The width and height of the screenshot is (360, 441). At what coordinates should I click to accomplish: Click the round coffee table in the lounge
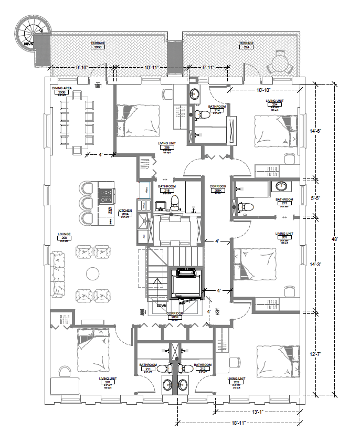[93, 274]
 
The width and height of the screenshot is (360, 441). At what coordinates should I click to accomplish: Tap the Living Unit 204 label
[274, 103]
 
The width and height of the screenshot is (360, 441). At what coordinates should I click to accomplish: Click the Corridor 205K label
[217, 188]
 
